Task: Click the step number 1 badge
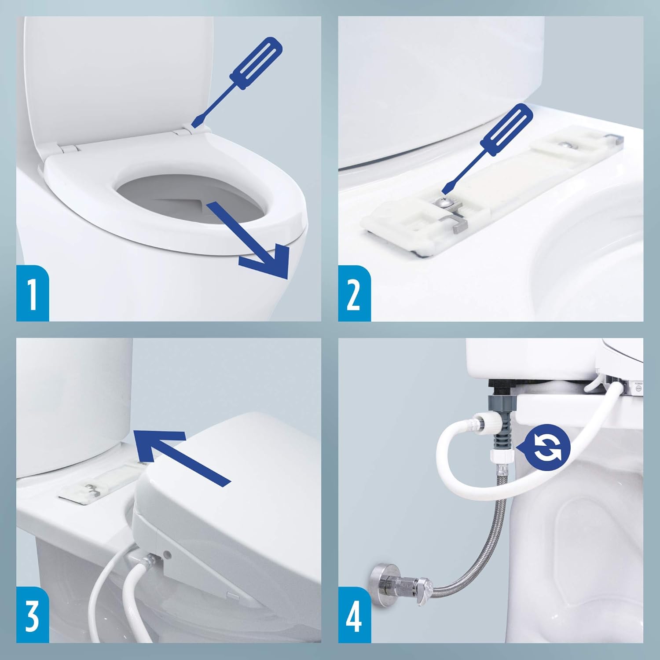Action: [x=33, y=293]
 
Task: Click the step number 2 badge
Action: [x=354, y=293]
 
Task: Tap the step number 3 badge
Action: [x=33, y=615]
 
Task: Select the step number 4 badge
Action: [x=354, y=615]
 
